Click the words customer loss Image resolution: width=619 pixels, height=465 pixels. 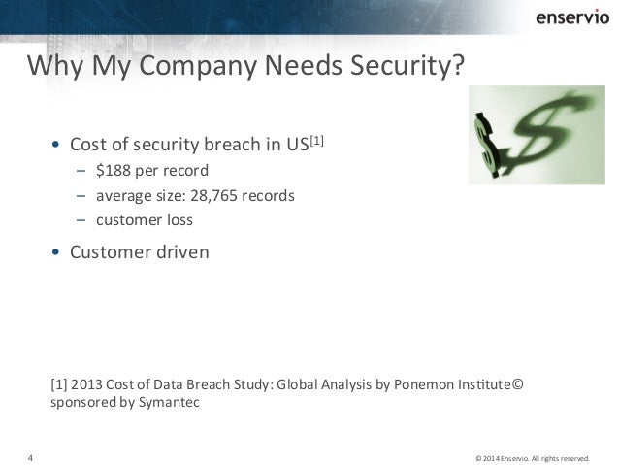click(x=145, y=218)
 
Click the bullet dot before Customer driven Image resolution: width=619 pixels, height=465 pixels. click(x=56, y=254)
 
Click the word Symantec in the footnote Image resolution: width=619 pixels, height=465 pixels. click(x=171, y=400)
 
